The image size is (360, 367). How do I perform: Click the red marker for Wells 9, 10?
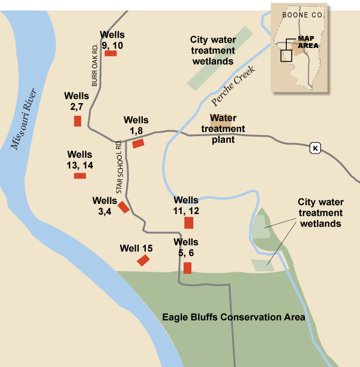[110, 53]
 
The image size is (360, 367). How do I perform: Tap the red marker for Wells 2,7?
[77, 121]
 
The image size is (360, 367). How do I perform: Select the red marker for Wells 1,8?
[138, 143]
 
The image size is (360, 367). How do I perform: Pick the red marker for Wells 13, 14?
[80, 176]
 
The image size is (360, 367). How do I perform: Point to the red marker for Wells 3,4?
[123, 207]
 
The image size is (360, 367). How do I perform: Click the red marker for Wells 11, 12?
[188, 223]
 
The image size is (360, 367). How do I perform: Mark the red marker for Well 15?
[143, 260]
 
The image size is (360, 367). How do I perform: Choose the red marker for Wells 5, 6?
[187, 267]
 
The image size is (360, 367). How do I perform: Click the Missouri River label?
[24, 123]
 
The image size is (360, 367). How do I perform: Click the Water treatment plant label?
[223, 128]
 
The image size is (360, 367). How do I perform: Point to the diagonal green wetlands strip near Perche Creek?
[219, 59]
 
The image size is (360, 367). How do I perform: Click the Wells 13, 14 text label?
[80, 160]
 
